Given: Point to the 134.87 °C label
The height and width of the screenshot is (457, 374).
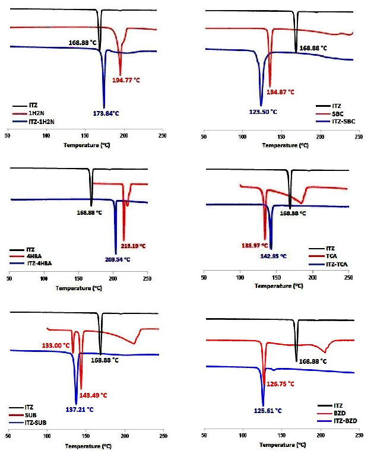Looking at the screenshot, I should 280,92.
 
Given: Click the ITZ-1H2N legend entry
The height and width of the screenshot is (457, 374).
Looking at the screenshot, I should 42,122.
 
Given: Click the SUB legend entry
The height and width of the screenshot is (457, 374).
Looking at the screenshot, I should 33,415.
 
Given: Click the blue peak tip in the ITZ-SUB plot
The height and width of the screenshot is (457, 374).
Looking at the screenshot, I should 77,404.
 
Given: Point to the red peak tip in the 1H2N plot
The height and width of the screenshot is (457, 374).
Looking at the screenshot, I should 121,74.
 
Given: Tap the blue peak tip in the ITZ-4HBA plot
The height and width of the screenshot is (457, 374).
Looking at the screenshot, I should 116,253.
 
